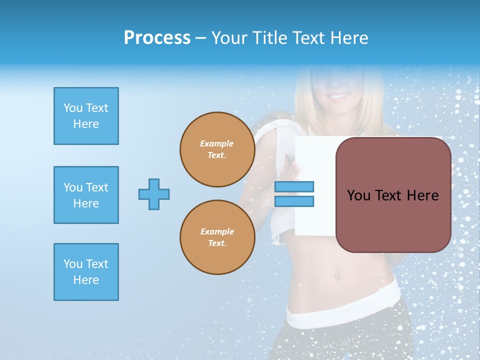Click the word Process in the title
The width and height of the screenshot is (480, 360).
point(157,38)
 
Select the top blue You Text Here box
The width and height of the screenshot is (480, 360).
point(86,116)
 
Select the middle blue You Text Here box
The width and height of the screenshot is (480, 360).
point(86,195)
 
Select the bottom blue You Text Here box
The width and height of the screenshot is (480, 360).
point(86,272)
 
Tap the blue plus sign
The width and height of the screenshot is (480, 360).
point(154,194)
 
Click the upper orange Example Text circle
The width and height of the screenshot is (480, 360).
point(217,149)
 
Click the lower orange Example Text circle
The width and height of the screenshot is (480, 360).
point(217,237)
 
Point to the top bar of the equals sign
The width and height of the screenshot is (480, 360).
point(294,186)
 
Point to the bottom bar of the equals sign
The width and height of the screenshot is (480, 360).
point(294,201)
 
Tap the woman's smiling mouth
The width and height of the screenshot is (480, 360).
point(339,95)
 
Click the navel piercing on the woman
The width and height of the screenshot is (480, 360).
point(336,275)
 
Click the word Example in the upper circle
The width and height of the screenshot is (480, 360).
point(217,143)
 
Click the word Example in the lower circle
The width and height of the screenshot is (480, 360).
point(217,231)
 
